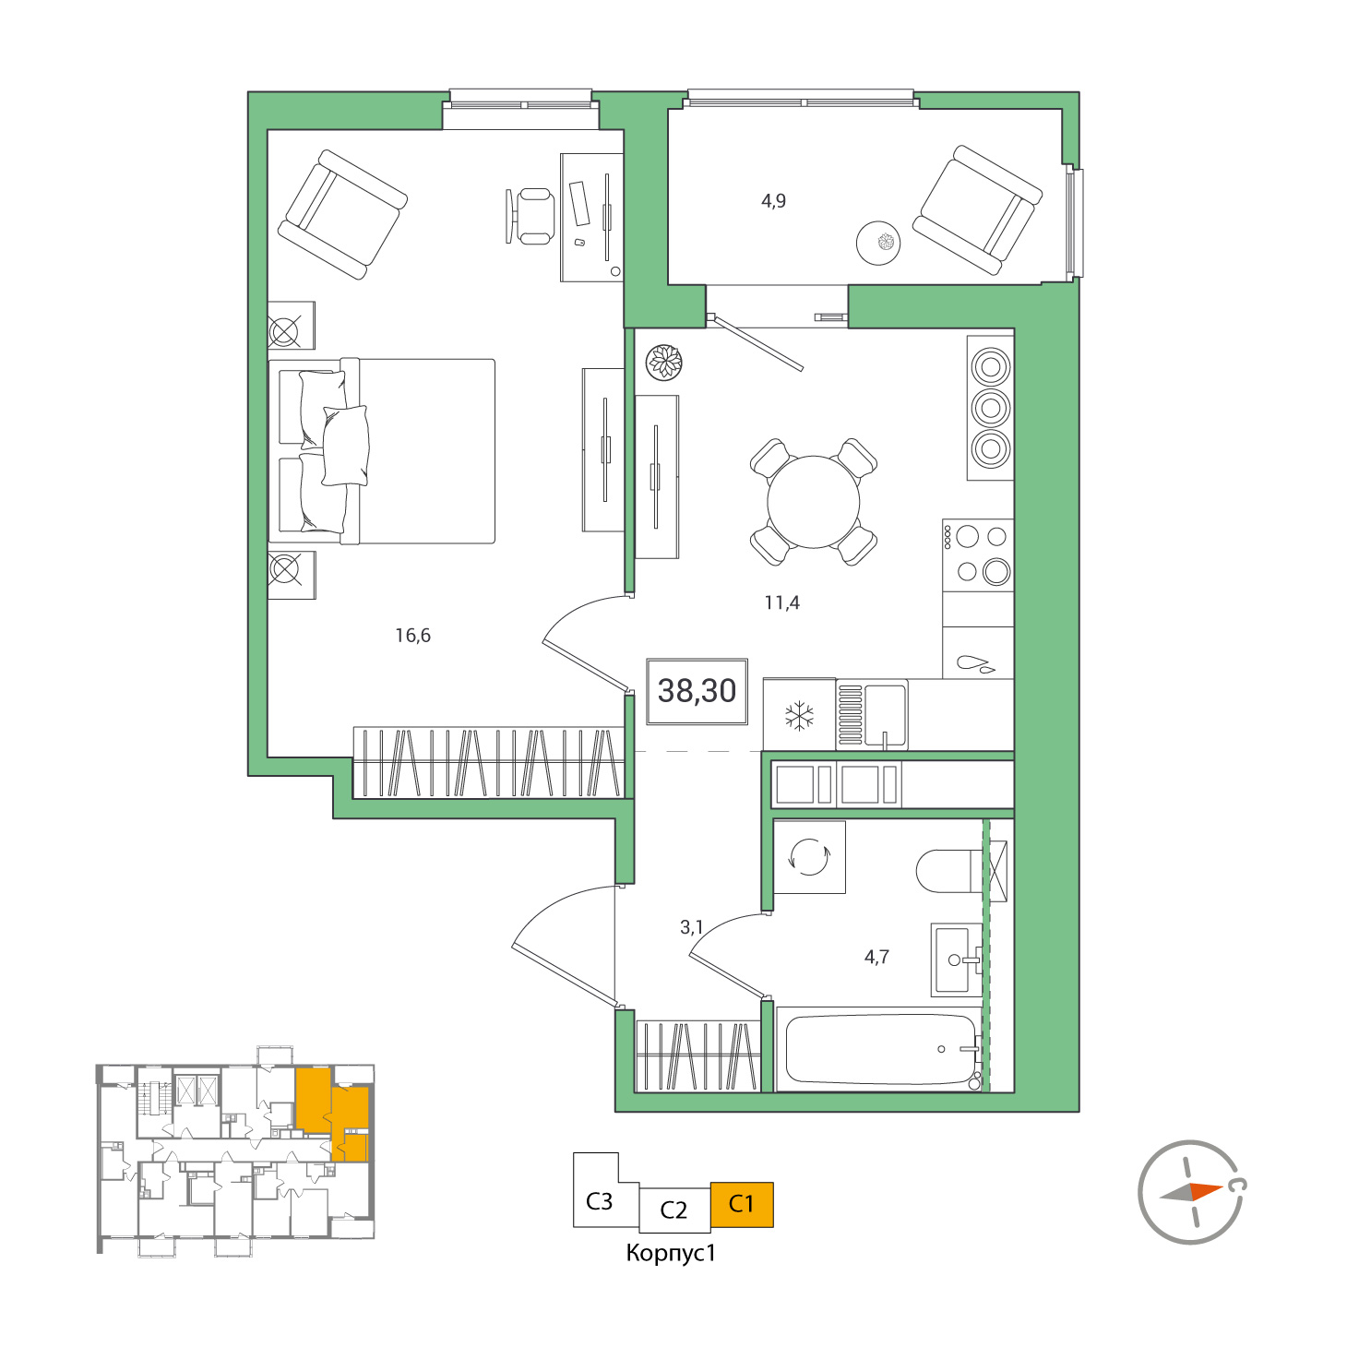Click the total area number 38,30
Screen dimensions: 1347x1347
[x=697, y=691]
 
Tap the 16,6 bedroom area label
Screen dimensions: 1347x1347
[x=412, y=636]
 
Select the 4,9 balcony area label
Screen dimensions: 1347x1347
[x=773, y=201]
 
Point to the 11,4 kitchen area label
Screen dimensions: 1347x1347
[x=781, y=602]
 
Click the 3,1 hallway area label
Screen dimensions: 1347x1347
[x=691, y=927]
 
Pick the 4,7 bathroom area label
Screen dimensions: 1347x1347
[x=876, y=957]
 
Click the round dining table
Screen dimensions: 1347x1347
[x=813, y=502]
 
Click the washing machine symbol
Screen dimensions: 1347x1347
[x=809, y=857]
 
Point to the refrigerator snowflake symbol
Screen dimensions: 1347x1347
[x=799, y=717]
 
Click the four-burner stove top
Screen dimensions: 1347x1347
[x=977, y=555]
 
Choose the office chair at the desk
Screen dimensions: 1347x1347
[x=531, y=217]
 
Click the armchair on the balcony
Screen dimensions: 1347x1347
[x=977, y=210]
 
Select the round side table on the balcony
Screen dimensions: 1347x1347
[x=878, y=243]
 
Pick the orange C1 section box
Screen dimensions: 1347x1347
[x=742, y=1204]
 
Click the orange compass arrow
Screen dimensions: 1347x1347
[x=1206, y=1191]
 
